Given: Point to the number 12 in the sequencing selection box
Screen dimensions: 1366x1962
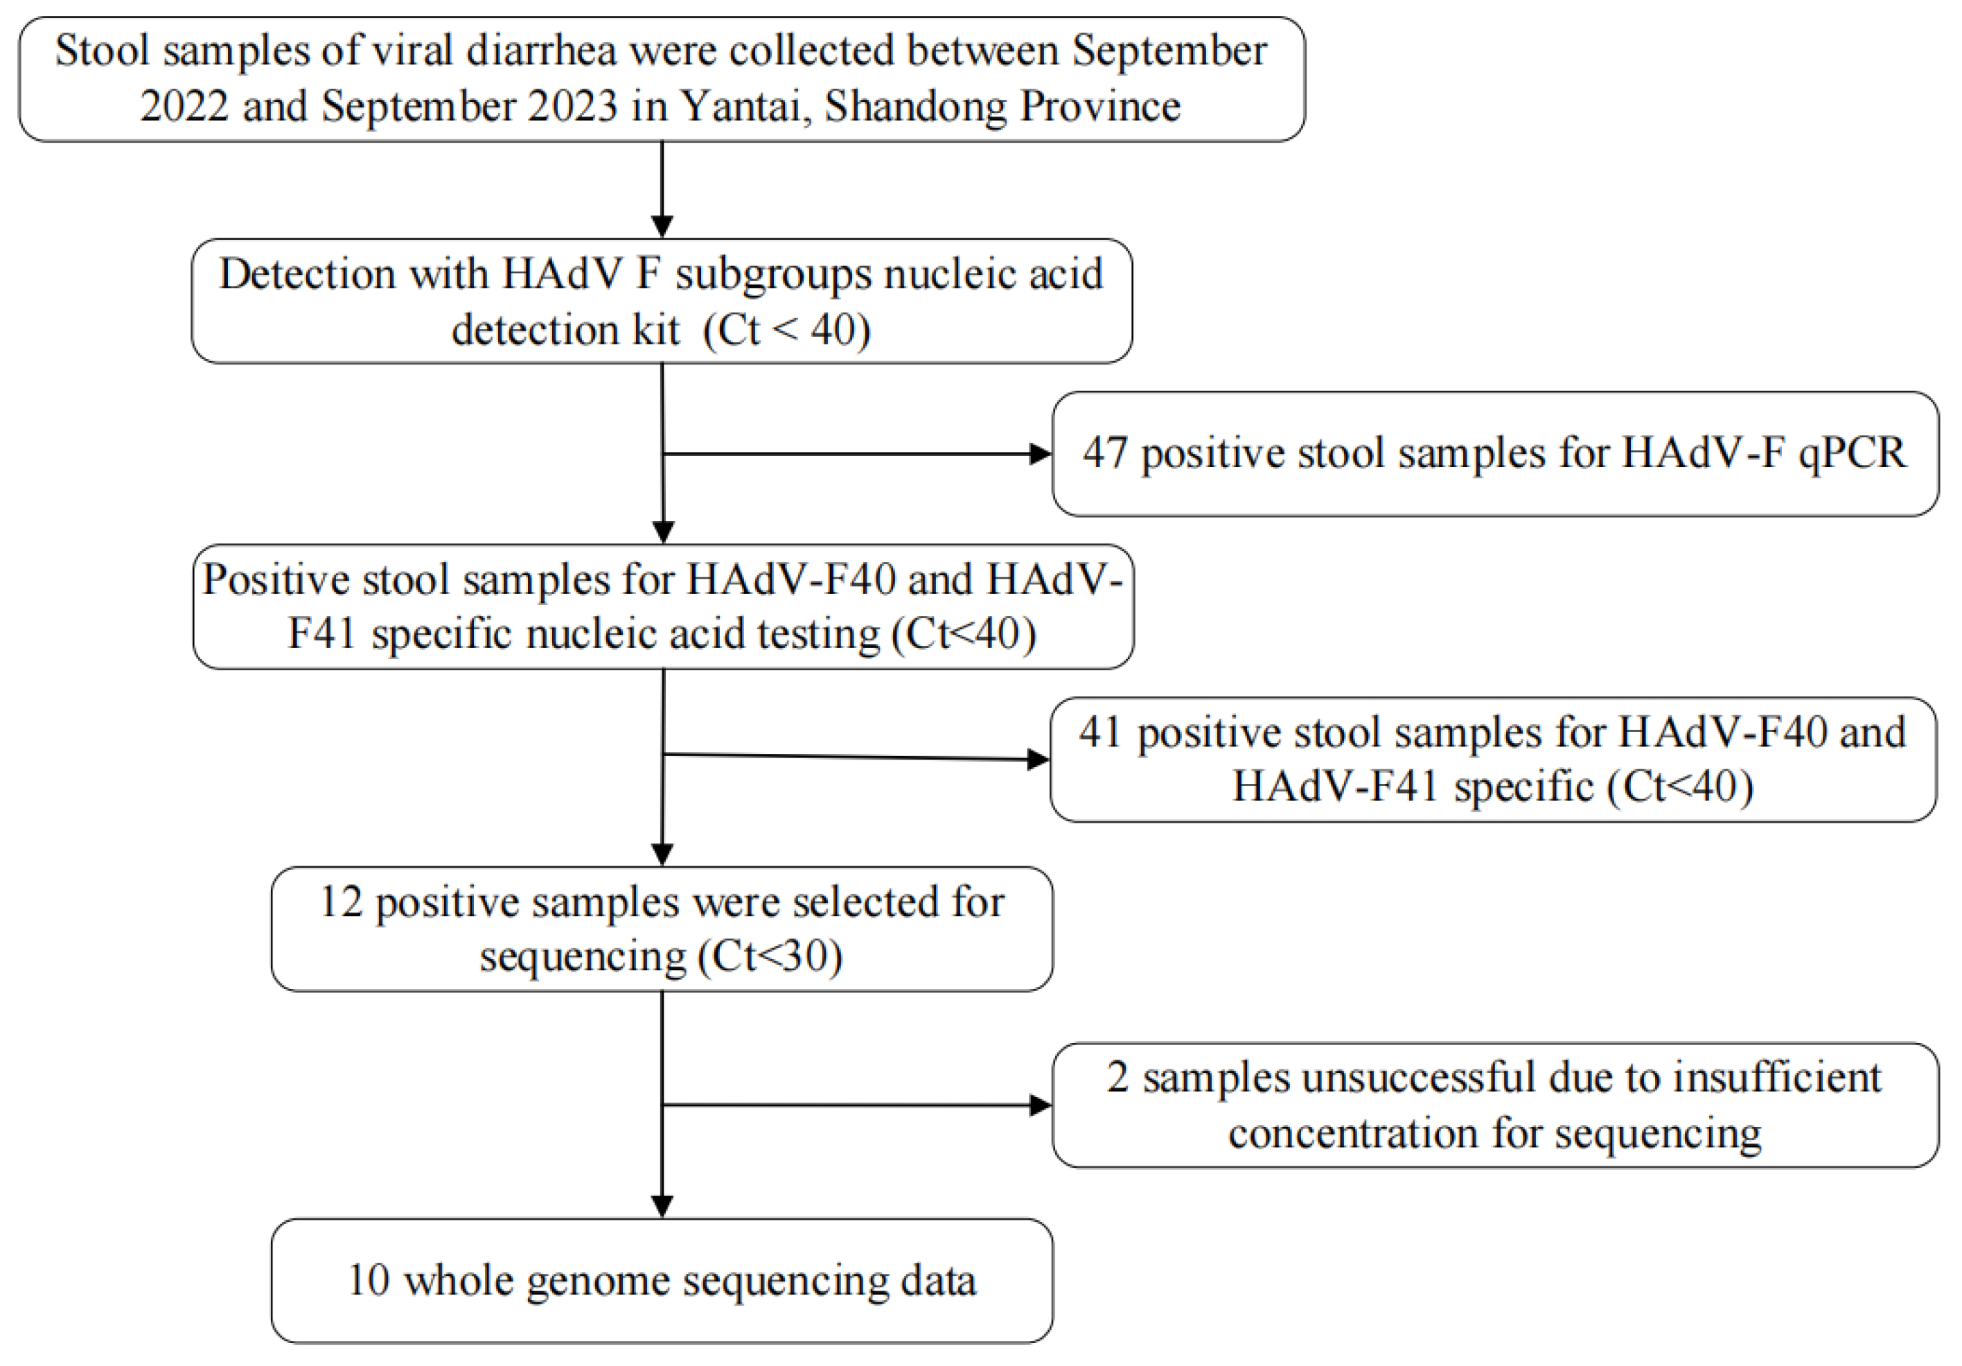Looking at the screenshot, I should [x=341, y=902].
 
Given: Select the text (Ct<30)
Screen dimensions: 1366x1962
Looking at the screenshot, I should [x=770, y=956].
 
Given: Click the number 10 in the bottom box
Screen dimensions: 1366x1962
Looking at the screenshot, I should [x=369, y=1281].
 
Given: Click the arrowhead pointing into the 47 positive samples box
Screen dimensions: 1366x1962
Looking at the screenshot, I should [x=1040, y=454].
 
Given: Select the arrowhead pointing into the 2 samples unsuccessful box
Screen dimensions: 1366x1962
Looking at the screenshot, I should [x=1040, y=1105].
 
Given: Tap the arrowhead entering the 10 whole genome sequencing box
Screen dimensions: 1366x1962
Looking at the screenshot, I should [x=662, y=1206].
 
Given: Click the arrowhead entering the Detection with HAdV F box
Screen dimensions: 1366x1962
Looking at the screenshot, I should [x=662, y=227].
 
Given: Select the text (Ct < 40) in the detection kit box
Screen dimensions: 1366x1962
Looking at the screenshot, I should [x=786, y=329].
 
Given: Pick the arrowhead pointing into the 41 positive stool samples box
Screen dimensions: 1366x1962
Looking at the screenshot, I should [x=1037, y=759].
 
